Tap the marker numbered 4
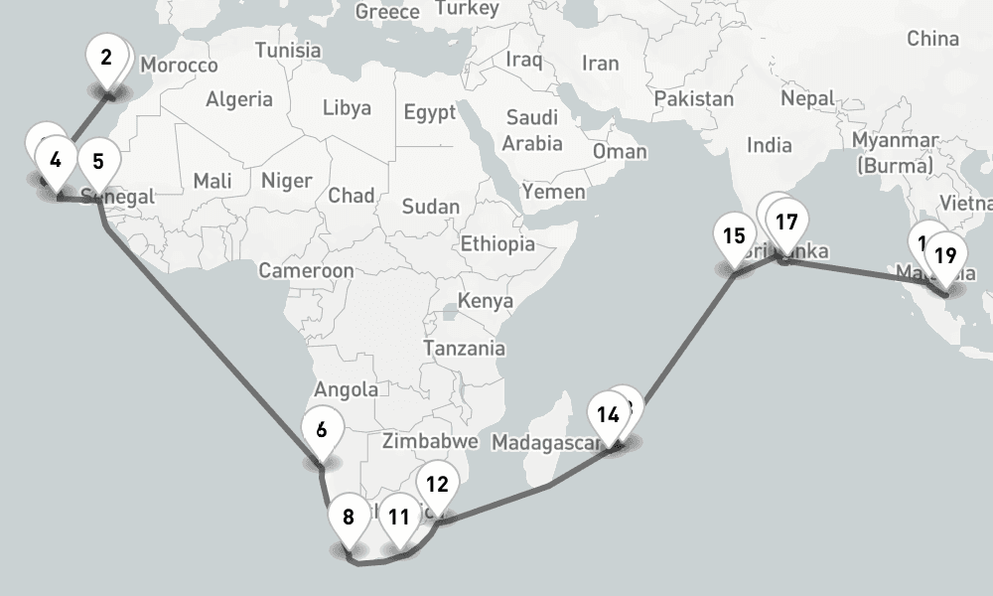pos(56,159)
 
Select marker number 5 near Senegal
pos(97,160)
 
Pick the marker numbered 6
pos(322,430)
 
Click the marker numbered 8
pos(349,517)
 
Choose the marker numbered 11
pos(399,517)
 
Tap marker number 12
pos(437,485)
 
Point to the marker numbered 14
pos(609,414)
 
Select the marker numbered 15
pos(735,236)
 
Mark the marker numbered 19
pos(945,255)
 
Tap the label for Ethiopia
pos(497,243)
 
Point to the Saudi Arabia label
pos(532,130)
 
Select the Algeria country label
pos(239,99)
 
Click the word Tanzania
pos(464,349)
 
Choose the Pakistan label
pos(694,99)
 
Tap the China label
pos(932,40)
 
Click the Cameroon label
pos(306,270)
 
